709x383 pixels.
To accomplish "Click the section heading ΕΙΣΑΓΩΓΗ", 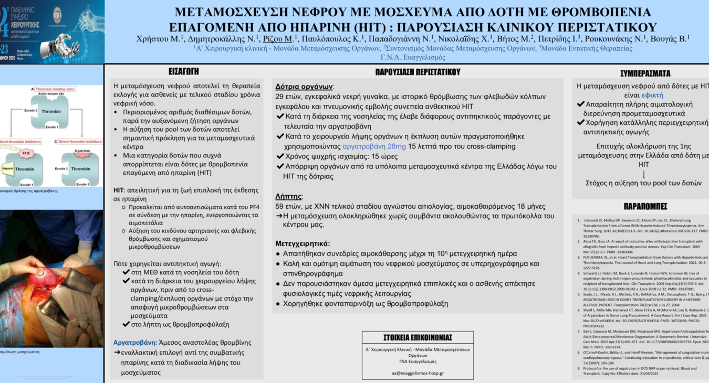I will click(184, 72).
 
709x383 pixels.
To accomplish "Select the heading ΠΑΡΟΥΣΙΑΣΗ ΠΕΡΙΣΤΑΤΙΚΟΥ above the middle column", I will click(418, 72).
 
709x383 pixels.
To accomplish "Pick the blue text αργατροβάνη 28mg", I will click(374, 146).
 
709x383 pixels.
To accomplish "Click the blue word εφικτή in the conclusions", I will click(652, 95).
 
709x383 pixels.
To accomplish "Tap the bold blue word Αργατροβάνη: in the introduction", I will click(135, 342).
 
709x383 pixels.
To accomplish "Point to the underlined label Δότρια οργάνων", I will click(304, 87).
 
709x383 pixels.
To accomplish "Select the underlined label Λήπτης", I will click(288, 196).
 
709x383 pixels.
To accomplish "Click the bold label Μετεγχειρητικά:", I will click(303, 243).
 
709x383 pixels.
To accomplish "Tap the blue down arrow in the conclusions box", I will click(644, 174).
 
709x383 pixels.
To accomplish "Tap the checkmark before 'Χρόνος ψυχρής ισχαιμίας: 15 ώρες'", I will click(280, 156).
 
